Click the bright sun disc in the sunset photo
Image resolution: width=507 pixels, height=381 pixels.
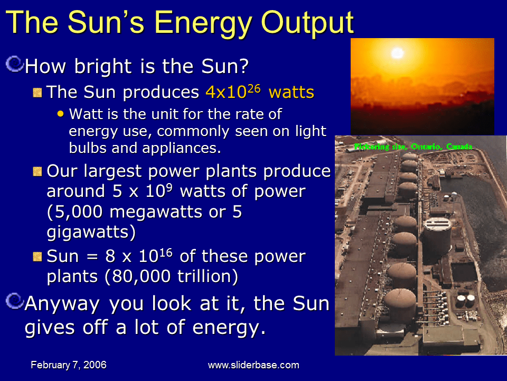pos(397,52)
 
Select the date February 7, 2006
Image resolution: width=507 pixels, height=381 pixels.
pos(69,365)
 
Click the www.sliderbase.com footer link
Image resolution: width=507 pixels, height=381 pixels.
pos(253,365)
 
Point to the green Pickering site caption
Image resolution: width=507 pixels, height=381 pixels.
pos(414,146)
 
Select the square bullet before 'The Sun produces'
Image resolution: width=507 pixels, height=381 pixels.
pos(37,93)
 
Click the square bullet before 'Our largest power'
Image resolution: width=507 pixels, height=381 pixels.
pos(37,171)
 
